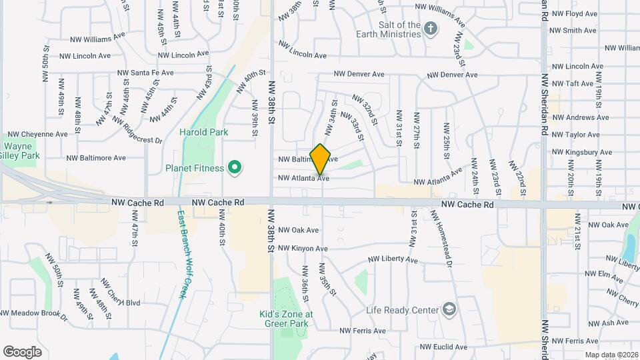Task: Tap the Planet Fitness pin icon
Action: [x=234, y=168]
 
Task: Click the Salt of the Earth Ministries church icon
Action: [x=431, y=29]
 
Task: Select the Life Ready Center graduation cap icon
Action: [x=449, y=310]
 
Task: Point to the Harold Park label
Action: [x=203, y=132]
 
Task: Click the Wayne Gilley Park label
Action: [x=22, y=151]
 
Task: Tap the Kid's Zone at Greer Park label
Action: [x=286, y=319]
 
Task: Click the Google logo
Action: [x=22, y=351]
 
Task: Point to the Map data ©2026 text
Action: [x=611, y=355]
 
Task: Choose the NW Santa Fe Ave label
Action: [x=145, y=73]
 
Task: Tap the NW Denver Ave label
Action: [x=359, y=75]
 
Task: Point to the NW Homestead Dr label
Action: [x=441, y=239]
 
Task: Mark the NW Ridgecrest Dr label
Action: [x=137, y=131]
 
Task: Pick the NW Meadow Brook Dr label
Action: [x=33, y=313]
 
